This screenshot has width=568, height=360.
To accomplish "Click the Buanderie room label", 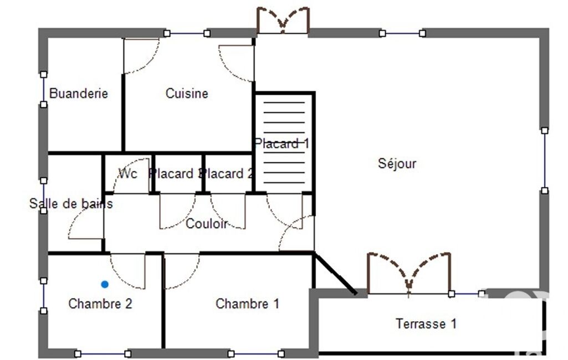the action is click(x=79, y=94).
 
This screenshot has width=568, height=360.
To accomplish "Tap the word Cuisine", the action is click(x=187, y=94).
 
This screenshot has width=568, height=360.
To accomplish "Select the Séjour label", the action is click(x=397, y=163).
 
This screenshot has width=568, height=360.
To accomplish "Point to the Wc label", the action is click(x=128, y=174).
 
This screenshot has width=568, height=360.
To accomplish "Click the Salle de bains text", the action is click(x=71, y=204).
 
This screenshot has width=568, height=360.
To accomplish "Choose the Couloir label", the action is click(x=207, y=224).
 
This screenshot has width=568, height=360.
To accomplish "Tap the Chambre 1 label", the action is click(x=247, y=304).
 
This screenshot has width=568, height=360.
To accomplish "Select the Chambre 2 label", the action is click(x=100, y=304).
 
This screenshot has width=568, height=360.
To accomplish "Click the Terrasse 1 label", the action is click(x=426, y=323).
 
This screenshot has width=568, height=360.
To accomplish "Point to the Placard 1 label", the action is click(x=282, y=144).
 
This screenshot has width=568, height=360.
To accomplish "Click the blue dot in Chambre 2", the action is click(x=105, y=284).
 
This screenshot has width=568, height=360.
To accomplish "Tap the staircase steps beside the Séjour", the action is click(x=284, y=142).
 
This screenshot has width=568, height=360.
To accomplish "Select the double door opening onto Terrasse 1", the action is click(x=409, y=274).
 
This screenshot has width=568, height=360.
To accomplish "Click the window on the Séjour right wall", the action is click(x=545, y=161).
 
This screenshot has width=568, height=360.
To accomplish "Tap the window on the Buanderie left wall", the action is click(x=43, y=90).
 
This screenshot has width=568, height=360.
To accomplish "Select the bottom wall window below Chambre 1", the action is click(x=256, y=353).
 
